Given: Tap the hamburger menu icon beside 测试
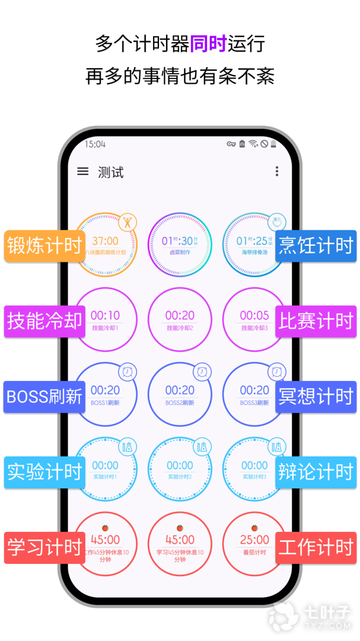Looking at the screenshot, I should tap(83, 172).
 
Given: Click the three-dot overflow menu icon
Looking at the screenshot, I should tap(276, 172).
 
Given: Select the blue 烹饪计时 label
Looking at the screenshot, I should tap(316, 246).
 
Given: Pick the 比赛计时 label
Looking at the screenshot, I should tap(316, 321).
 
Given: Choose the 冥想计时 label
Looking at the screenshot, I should tap(316, 396).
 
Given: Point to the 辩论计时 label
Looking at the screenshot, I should tap(316, 472).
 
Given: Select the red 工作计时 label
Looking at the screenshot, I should tap(316, 547).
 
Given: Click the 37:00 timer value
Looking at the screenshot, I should tap(105, 241).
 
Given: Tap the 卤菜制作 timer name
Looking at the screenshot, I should tap(180, 252).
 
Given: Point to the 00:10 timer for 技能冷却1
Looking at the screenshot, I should tap(105, 316).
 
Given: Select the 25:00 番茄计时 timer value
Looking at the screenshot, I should tap(254, 540).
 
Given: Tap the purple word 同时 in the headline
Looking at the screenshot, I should tap(208, 43).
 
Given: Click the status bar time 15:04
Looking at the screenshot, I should tap(95, 144).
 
